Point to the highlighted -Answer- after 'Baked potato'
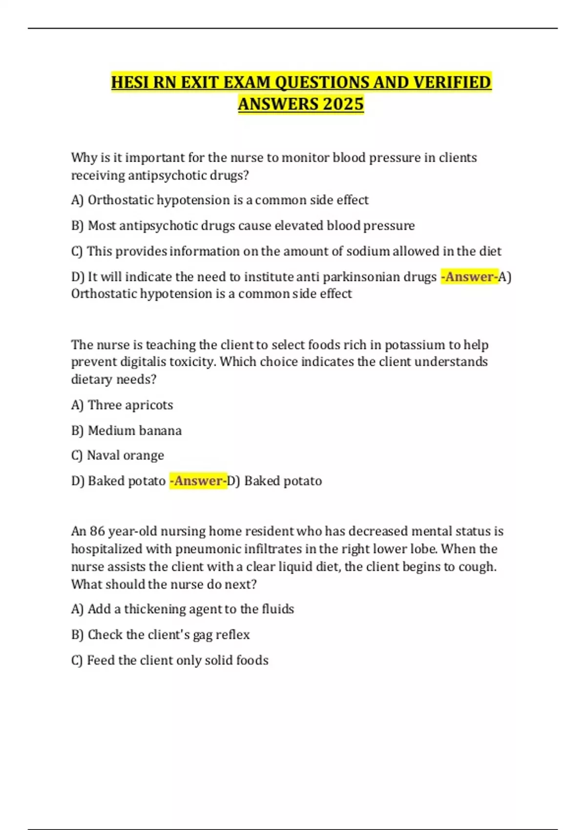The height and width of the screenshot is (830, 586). [x=198, y=481]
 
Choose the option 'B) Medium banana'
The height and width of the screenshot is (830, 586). [x=126, y=431]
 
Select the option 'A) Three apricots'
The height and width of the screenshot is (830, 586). [x=122, y=405]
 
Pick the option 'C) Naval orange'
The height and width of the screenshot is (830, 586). [x=118, y=456]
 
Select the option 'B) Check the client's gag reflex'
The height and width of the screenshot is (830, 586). [x=160, y=635]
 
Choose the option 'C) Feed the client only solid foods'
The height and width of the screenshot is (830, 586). [x=170, y=661]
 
